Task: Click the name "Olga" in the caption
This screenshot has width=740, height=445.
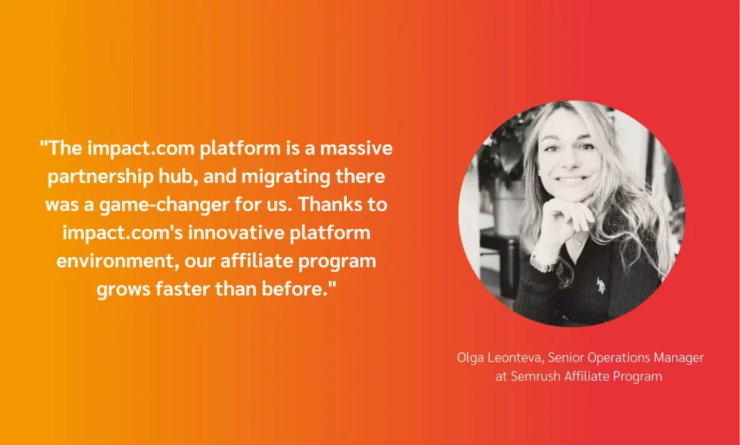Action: pos(470,358)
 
